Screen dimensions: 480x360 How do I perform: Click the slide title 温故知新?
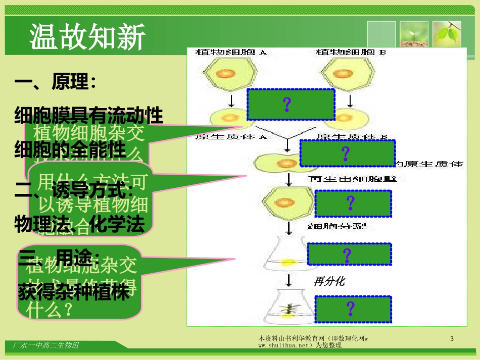coord(87,37)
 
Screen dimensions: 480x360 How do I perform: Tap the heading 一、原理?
coord(56,83)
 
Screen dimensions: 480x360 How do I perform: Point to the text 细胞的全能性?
coord(70,150)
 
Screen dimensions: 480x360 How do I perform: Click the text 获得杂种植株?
coord(74,293)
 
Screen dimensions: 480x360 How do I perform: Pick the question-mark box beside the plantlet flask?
coord(353,308)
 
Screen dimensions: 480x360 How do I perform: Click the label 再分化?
coord(329,281)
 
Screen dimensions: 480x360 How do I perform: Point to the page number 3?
coord(452,339)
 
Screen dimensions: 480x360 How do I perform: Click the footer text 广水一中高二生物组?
coord(45,345)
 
